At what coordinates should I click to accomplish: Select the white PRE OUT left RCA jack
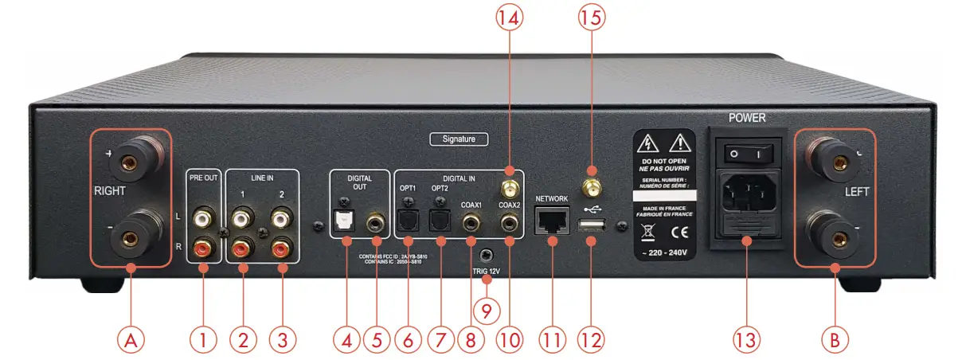(204, 217)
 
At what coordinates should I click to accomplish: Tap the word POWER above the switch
(746, 118)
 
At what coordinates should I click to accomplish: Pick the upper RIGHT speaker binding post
(127, 164)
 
